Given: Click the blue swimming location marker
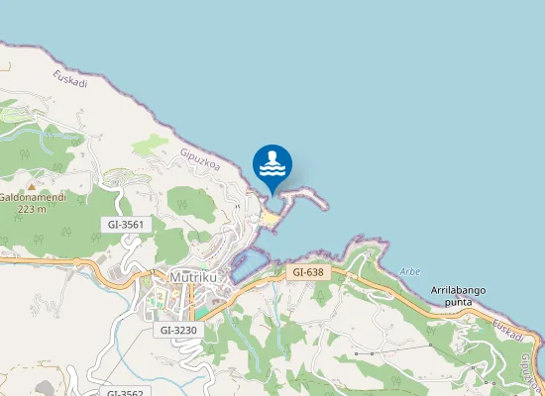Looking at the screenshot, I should [272, 165].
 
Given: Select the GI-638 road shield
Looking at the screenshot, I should [307, 270].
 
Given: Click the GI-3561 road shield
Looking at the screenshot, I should [126, 225].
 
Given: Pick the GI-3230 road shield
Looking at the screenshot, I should [177, 330].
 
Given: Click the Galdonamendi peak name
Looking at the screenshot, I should [32, 198].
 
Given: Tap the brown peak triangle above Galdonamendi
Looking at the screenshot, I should [32, 186].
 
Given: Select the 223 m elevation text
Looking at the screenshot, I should [32, 209].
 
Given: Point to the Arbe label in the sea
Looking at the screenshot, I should [410, 271].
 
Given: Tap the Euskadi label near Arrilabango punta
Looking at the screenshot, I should [507, 329].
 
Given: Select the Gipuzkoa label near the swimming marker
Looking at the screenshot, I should [199, 159].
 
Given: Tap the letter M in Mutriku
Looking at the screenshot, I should [175, 278].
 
